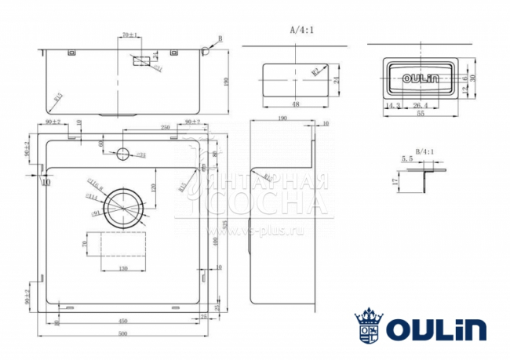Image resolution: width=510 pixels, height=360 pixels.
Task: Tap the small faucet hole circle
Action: pyautogui.click(x=122, y=155)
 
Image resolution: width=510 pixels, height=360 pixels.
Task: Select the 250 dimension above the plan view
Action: pyautogui.click(x=166, y=128)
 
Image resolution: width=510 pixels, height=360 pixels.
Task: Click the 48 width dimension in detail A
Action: pyautogui.click(x=296, y=104)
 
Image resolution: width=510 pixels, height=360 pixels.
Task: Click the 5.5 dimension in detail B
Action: pyautogui.click(x=406, y=159)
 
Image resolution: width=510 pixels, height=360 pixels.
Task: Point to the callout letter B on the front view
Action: pyautogui.click(x=220, y=38)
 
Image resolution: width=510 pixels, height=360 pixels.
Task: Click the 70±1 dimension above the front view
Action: pyautogui.click(x=130, y=35)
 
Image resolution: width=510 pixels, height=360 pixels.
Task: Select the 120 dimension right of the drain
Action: pyautogui.click(x=154, y=188)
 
